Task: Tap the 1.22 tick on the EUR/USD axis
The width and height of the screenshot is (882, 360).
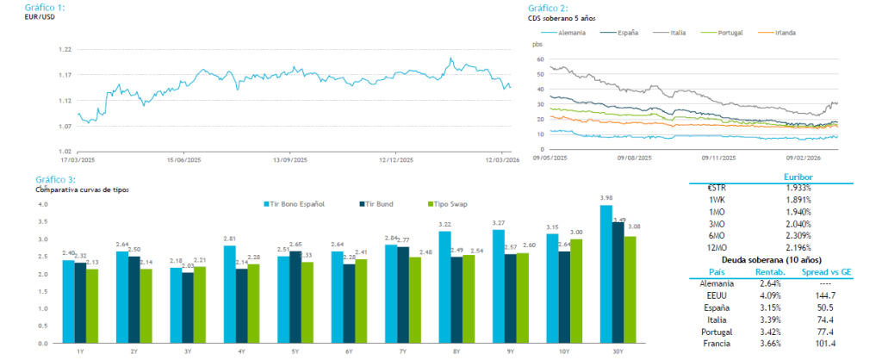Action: pos(65,50)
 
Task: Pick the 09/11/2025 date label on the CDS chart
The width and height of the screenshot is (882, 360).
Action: pos(717,158)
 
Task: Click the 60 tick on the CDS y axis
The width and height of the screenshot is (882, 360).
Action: pos(539,59)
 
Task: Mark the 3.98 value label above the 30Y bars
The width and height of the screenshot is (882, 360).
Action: pos(606,198)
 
